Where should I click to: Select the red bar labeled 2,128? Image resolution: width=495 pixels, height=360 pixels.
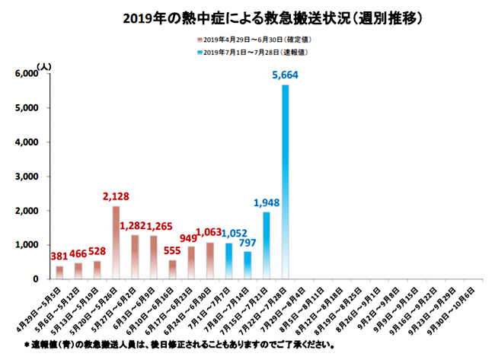coord(116,242)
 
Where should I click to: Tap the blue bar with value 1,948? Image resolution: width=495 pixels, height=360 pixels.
coord(267,245)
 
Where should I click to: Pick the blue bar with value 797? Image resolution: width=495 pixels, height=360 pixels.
coord(247,265)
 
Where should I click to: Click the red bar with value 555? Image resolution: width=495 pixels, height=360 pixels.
coord(172,269)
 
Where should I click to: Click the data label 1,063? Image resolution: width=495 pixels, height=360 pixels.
coord(209,233)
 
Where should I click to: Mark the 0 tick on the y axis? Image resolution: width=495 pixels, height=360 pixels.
coord(34,279)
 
